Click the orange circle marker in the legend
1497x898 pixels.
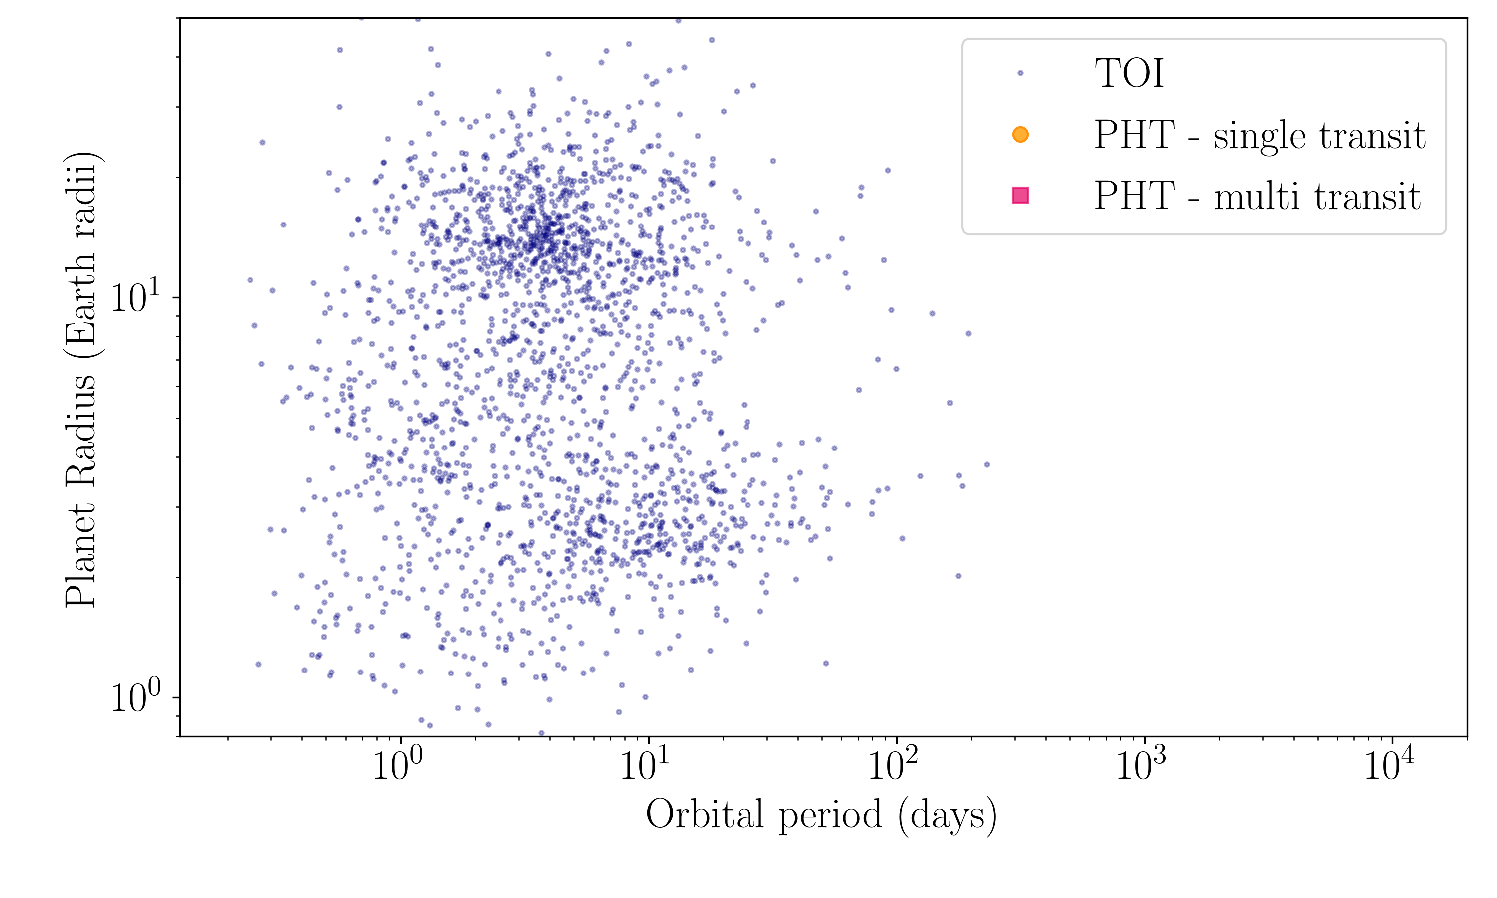1020,134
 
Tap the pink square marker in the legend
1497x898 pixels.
1020,195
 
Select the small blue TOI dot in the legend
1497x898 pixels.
1020,73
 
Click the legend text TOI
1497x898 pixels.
1129,74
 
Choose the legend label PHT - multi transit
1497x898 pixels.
1257,196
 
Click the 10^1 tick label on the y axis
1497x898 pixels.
137,297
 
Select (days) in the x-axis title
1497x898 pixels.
948,816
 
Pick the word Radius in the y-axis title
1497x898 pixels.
81,430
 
